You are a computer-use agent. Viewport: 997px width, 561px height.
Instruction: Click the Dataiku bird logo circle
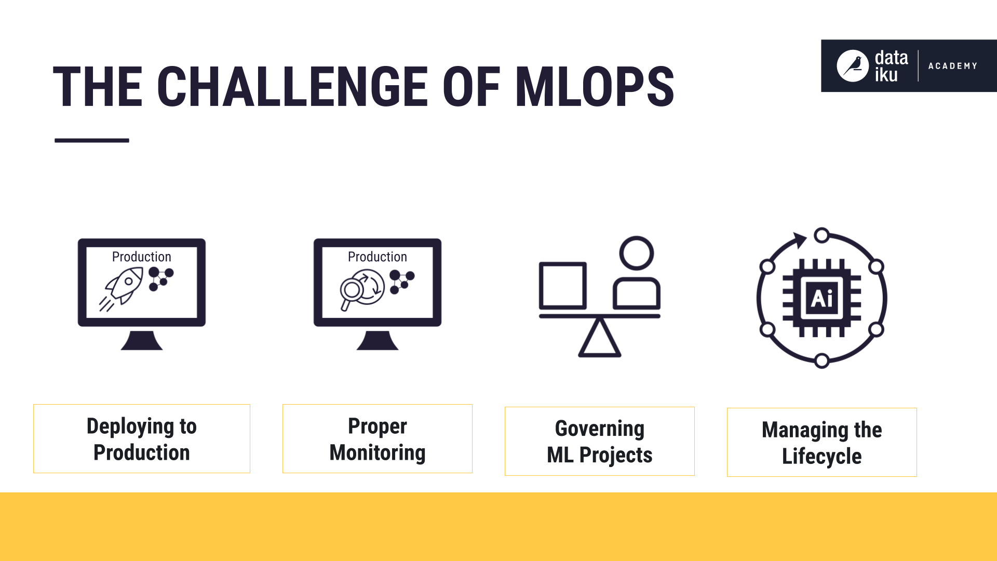852,66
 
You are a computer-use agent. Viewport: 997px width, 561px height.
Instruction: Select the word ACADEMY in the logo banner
952,66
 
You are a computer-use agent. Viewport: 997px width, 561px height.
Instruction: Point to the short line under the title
92,140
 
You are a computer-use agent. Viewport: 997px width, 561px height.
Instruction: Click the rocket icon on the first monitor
124,286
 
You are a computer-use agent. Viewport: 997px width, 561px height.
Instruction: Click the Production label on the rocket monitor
141,257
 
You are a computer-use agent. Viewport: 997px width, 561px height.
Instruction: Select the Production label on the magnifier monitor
377,257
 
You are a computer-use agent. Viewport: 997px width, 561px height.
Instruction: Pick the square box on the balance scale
563,285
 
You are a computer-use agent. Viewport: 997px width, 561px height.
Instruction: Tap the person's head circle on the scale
636,253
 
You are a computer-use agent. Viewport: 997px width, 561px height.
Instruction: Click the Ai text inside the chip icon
821,299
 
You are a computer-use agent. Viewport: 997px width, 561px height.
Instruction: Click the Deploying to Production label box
142,439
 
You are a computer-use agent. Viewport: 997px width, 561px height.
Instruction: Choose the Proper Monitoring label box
378,439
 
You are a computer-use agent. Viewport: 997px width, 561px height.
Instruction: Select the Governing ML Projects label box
600,442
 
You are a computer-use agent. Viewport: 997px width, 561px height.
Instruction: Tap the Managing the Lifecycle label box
822,443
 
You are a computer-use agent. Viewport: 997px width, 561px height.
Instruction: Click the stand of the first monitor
142,341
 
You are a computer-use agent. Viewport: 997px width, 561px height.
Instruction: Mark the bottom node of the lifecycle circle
821,360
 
